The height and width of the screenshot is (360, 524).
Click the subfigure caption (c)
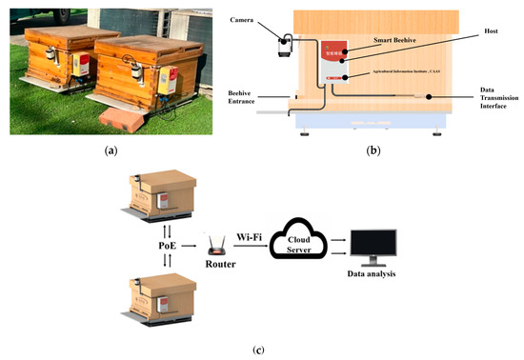coord(258,350)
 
